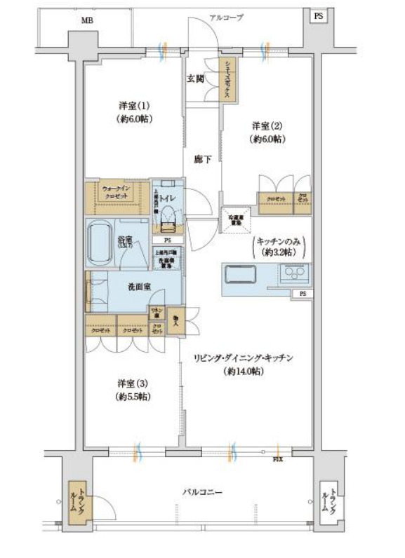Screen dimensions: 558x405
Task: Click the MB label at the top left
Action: pyautogui.click(x=86, y=21)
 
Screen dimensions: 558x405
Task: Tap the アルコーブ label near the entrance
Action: pyautogui.click(x=226, y=18)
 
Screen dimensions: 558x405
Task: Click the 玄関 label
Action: pyautogui.click(x=196, y=79)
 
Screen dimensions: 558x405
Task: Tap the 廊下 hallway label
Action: pyautogui.click(x=203, y=160)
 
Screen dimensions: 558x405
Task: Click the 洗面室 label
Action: pyautogui.click(x=138, y=287)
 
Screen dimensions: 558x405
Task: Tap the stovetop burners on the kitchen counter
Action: pyautogui.click(x=295, y=273)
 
